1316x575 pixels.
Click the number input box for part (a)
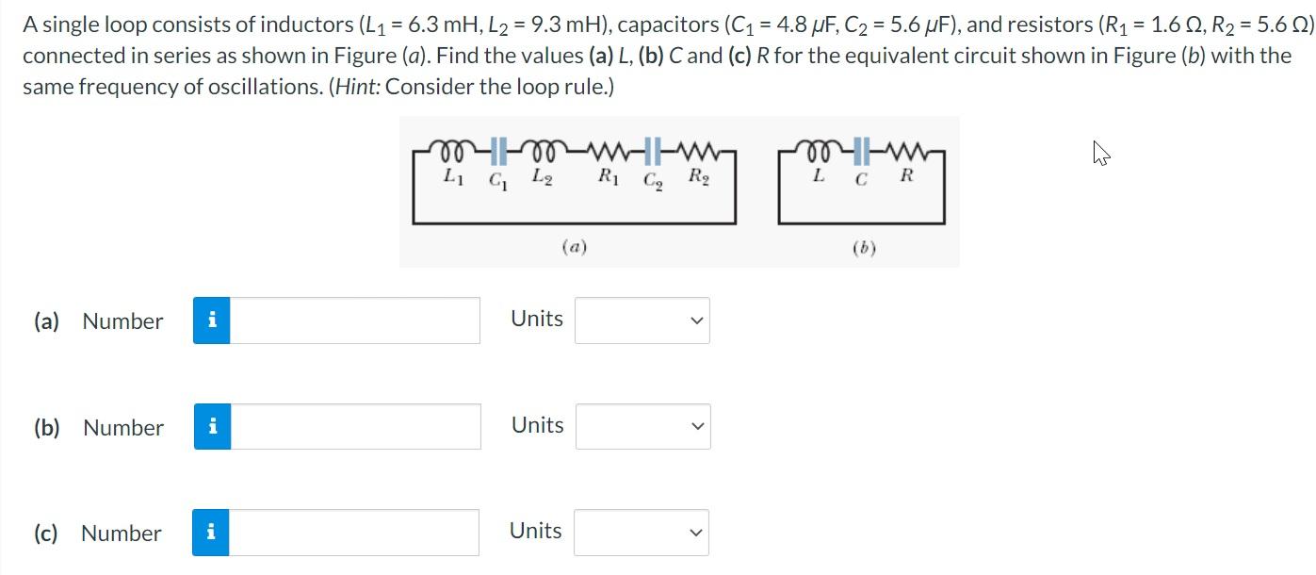(354, 320)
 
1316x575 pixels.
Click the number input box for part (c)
(354, 533)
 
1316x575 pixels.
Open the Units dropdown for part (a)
(642, 320)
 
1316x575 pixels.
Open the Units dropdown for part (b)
(642, 427)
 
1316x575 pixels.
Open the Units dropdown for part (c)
(642, 533)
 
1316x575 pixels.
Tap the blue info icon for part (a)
(212, 320)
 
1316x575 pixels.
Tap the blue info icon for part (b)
(212, 427)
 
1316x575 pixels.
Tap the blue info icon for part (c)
(211, 533)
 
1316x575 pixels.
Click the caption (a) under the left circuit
(574, 248)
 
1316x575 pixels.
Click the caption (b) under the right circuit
(863, 249)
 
